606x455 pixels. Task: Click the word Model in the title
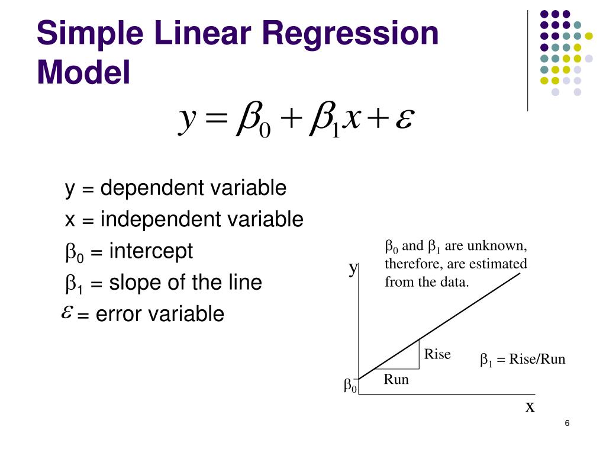tap(83, 72)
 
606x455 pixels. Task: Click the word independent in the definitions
tap(159, 220)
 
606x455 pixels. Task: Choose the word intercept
tap(151, 251)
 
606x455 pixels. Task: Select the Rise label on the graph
tap(437, 354)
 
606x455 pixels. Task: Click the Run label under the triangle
tap(396, 380)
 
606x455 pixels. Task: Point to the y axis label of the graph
tap(353, 268)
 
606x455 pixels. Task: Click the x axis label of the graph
tap(530, 407)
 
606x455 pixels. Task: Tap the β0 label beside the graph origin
tap(350, 387)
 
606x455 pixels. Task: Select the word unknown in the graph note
tap(497, 246)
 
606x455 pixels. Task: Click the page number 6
tap(567, 423)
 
